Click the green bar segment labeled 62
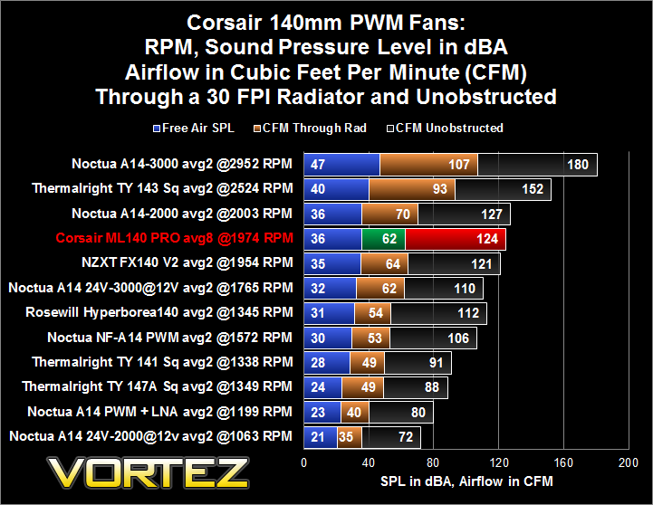pos(383,239)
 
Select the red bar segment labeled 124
pos(456,239)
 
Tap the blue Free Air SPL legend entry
pos(194,128)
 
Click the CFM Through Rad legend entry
pos(310,128)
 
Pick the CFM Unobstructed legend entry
pos(445,128)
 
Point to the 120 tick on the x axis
pos(498,462)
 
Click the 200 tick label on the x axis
pos(629,462)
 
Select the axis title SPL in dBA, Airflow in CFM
pos(466,481)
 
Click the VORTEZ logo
pos(148,472)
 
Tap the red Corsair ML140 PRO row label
pos(175,238)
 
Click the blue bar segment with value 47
pos(342,165)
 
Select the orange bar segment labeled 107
pos(429,165)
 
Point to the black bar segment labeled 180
pos(538,165)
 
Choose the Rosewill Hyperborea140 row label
pos(159,312)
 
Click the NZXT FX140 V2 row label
pos(187,262)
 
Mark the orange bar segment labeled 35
pos(350,437)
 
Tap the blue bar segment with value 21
pos(321,437)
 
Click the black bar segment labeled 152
pos(503,189)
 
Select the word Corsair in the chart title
pos(224,23)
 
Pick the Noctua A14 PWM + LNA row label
pos(160,412)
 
